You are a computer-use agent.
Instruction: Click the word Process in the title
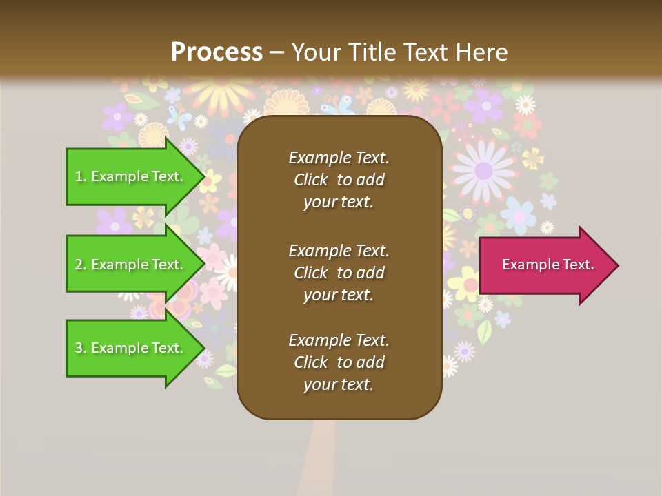(217, 52)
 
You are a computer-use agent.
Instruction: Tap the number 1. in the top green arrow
(81, 177)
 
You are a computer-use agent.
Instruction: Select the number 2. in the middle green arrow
(81, 265)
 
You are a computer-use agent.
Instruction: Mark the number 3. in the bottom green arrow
(81, 349)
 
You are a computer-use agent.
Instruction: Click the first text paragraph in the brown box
(339, 180)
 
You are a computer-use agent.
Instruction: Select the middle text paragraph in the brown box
(339, 273)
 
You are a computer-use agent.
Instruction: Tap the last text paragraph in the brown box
(339, 362)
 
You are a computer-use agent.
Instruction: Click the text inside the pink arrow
(548, 265)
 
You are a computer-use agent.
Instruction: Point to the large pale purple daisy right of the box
(483, 168)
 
